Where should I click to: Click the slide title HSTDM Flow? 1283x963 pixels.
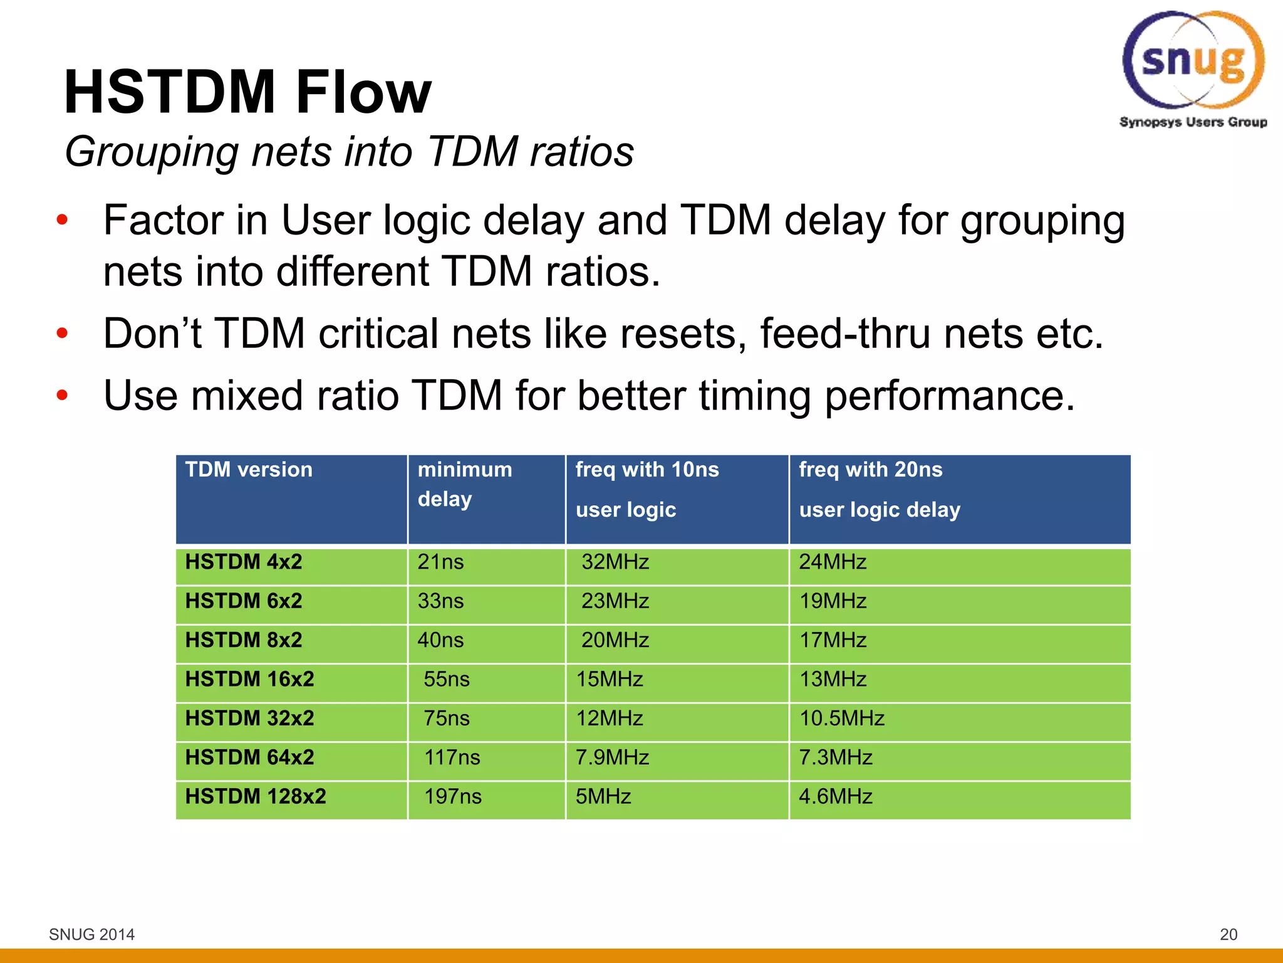tap(247, 92)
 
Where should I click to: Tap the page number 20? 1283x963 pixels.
tap(1228, 934)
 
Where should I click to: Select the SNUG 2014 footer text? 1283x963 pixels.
tap(91, 934)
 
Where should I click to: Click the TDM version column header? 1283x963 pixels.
tap(249, 470)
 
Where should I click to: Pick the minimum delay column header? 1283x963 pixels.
tap(464, 483)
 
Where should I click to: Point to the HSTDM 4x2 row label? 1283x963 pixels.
tap(244, 562)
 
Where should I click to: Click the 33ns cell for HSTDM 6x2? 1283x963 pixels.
tap(440, 601)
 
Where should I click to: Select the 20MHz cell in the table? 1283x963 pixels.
tap(615, 640)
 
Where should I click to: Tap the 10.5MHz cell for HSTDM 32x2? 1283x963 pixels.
tap(841, 718)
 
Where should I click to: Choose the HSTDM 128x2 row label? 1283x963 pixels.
tap(256, 796)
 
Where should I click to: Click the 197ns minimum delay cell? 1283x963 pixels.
tap(452, 797)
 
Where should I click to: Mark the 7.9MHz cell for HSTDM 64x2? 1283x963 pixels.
tap(612, 757)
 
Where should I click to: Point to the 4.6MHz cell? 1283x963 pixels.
tap(835, 797)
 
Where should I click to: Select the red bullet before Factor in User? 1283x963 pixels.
tap(61, 220)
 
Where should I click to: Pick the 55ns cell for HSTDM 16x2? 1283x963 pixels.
tap(446, 680)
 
